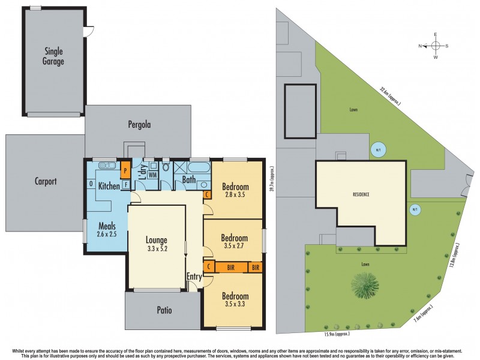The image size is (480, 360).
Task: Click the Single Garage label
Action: click(x=53, y=56)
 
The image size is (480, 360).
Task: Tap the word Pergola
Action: click(x=139, y=125)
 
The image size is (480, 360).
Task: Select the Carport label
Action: click(x=46, y=181)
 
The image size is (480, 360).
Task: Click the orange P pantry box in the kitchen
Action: click(x=125, y=170)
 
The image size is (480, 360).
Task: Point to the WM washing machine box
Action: click(x=152, y=175)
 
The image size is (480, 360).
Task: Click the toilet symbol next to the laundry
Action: click(x=166, y=168)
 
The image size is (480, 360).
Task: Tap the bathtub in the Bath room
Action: click(x=198, y=166)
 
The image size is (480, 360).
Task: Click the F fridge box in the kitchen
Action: click(x=126, y=185)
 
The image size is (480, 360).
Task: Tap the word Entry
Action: click(x=194, y=277)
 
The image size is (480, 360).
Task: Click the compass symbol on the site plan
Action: click(x=436, y=46)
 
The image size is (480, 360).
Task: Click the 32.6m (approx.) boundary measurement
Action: click(x=389, y=95)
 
